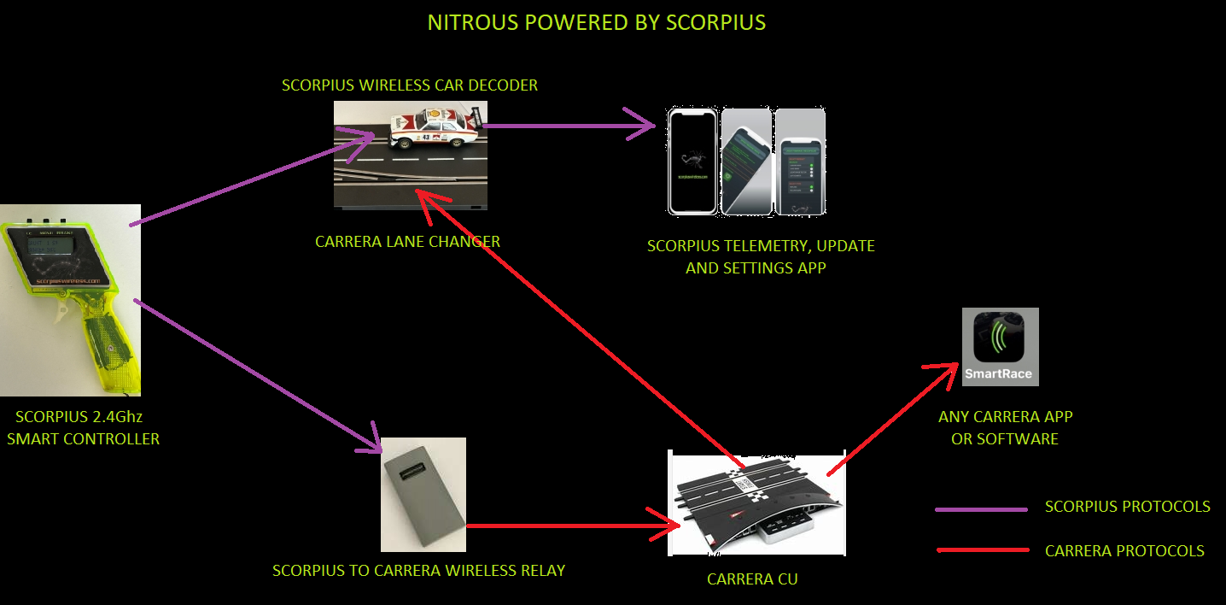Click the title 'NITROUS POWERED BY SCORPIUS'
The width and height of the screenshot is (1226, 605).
coord(596,22)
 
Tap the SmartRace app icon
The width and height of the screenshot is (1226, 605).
coord(1001,346)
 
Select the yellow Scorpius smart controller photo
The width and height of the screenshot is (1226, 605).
coord(70,300)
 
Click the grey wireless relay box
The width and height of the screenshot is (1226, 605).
coord(423,494)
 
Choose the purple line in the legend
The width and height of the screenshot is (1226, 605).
coord(981,509)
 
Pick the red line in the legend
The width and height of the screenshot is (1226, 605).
coord(981,550)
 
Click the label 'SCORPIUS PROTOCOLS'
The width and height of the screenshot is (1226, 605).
coord(1127,507)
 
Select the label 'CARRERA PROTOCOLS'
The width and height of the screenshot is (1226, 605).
coord(1124,551)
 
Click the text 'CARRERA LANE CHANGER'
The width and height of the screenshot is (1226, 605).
coord(407,242)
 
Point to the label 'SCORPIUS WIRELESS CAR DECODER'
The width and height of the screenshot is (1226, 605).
coord(410,85)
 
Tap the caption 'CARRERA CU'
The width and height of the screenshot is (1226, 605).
coord(752,579)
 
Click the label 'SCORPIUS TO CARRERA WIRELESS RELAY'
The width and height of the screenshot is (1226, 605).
coord(418,570)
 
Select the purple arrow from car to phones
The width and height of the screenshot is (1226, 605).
coord(568,126)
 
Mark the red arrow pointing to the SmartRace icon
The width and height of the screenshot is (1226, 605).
coord(888,419)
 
